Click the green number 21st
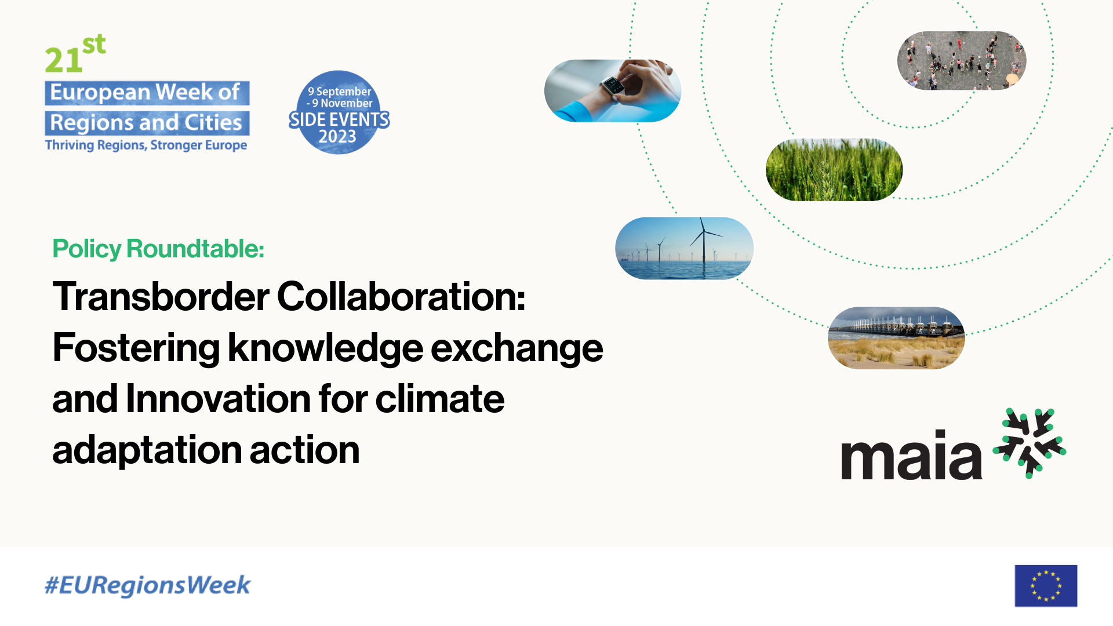75,54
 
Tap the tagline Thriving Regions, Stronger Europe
146,145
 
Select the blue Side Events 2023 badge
339,112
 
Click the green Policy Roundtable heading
158,249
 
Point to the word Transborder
161,296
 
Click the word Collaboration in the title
401,296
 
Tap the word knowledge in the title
325,348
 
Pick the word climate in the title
440,399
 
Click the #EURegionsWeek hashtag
147,585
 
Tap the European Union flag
1046,586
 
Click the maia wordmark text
911,455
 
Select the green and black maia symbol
1030,443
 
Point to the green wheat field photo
834,170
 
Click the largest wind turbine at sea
704,241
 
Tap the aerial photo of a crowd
962,60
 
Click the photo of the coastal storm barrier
896,338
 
